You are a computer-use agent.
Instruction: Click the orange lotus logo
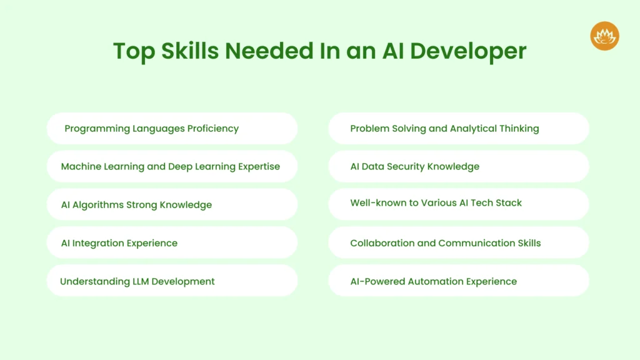click(x=604, y=36)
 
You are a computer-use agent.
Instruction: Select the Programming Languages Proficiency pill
click(x=172, y=129)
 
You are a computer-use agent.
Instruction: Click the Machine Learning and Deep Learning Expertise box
click(x=172, y=166)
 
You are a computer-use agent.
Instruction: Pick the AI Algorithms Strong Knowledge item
click(x=172, y=204)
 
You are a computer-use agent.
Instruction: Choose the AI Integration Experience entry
click(x=172, y=242)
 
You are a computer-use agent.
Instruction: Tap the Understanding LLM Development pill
click(x=172, y=281)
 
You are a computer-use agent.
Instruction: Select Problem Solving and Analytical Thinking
click(x=459, y=129)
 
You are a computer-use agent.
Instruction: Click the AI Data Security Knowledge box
click(x=459, y=166)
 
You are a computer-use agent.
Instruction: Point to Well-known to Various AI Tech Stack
click(x=459, y=204)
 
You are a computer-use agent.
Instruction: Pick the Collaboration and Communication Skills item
click(x=459, y=242)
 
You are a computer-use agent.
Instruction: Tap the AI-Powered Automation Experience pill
click(x=459, y=281)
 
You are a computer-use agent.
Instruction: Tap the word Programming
click(x=97, y=129)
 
